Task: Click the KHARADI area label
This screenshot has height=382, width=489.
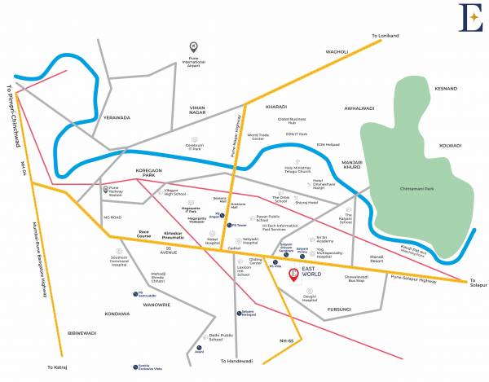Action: pos(278,107)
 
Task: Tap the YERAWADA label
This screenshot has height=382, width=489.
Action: pos(117,117)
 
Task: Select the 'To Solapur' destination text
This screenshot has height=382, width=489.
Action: pos(478,287)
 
